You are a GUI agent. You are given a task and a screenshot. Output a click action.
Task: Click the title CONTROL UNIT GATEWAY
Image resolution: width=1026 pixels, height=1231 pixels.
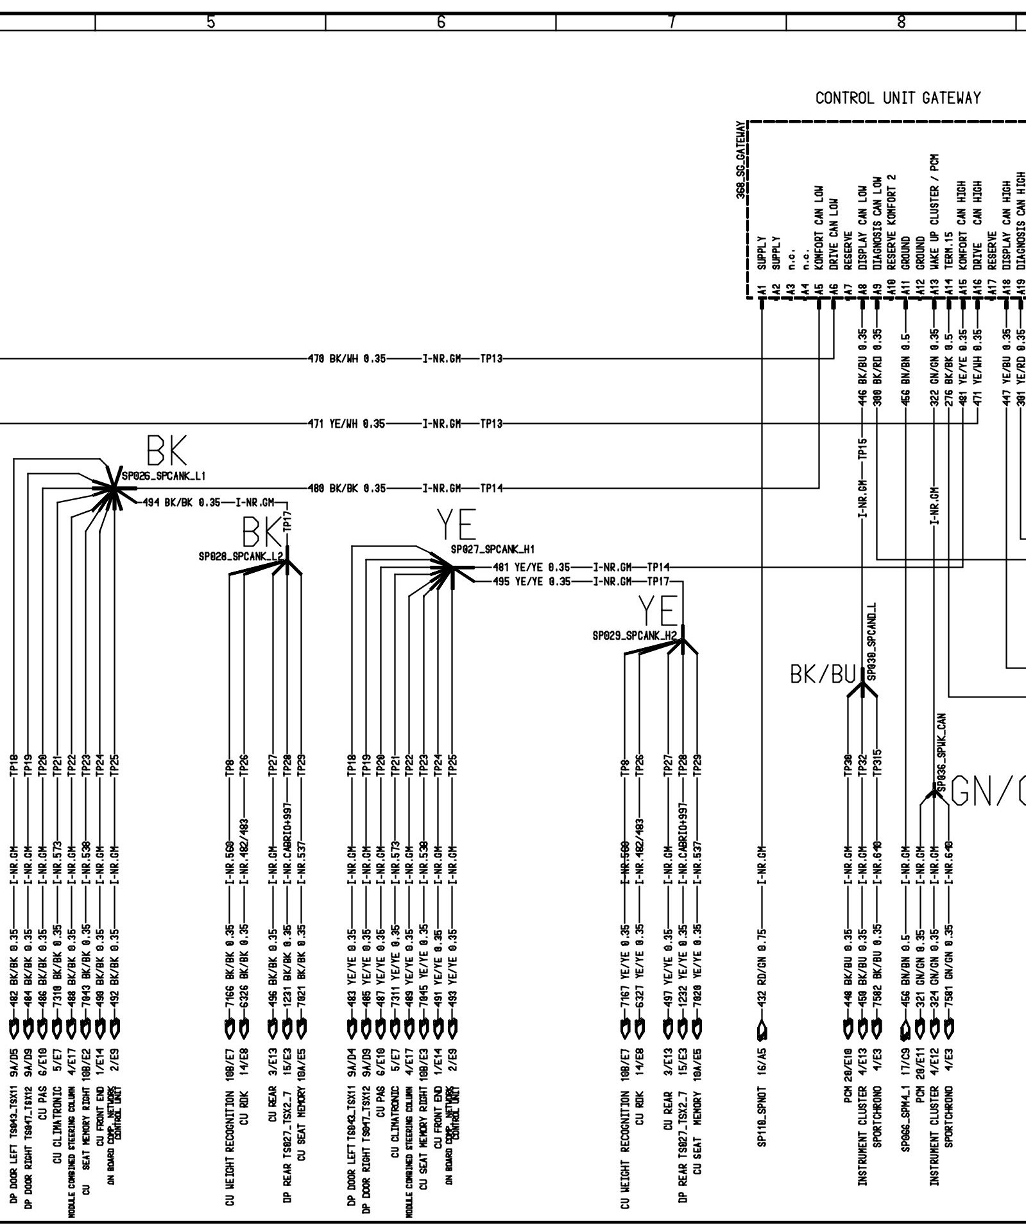click(898, 98)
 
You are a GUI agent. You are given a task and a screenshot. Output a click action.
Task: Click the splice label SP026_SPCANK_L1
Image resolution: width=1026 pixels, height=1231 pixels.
click(163, 476)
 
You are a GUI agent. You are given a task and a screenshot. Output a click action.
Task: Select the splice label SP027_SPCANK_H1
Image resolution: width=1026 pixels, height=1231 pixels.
click(493, 549)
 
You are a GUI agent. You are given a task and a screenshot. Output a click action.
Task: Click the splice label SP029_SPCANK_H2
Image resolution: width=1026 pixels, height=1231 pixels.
click(635, 636)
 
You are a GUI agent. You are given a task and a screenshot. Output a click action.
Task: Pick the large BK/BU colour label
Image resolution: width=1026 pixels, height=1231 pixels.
click(823, 676)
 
